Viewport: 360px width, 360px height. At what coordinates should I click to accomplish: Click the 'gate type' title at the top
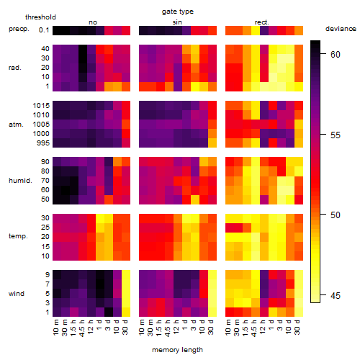click(x=178, y=12)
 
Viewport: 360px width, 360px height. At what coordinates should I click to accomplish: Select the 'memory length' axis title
click(x=177, y=350)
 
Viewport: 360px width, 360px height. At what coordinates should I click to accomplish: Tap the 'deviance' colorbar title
click(x=341, y=29)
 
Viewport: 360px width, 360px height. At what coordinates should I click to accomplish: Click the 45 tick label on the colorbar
click(x=336, y=296)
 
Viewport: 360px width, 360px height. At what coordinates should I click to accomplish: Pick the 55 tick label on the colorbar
click(x=336, y=135)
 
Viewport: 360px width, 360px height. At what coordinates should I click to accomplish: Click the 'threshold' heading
click(x=40, y=17)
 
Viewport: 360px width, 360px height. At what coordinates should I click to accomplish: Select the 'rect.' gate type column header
click(x=261, y=22)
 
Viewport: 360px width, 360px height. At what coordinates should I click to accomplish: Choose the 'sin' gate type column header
click(x=177, y=22)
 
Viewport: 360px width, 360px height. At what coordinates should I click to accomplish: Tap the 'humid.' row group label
click(x=20, y=181)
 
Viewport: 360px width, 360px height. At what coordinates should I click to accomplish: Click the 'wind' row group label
click(x=17, y=294)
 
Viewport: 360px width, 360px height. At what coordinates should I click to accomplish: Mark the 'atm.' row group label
click(x=16, y=125)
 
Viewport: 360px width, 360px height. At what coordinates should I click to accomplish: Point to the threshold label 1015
click(x=41, y=106)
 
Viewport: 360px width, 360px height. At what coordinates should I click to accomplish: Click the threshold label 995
click(x=43, y=143)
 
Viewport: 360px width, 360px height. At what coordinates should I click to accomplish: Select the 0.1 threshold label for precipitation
click(x=44, y=30)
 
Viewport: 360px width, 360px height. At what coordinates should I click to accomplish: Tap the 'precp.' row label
click(x=19, y=29)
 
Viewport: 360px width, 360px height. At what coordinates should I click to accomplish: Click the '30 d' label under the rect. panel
click(x=297, y=327)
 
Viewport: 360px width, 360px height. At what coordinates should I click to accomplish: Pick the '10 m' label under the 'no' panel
click(x=55, y=327)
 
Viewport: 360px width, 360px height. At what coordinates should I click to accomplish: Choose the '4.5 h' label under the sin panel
click(x=168, y=328)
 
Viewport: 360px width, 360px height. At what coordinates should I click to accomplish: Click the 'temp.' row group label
click(x=18, y=236)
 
